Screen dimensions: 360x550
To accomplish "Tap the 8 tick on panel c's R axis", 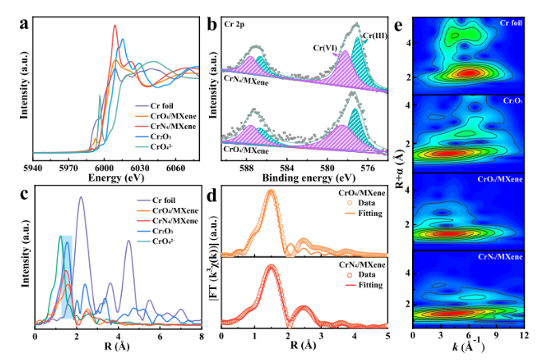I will (x=202, y=336).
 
